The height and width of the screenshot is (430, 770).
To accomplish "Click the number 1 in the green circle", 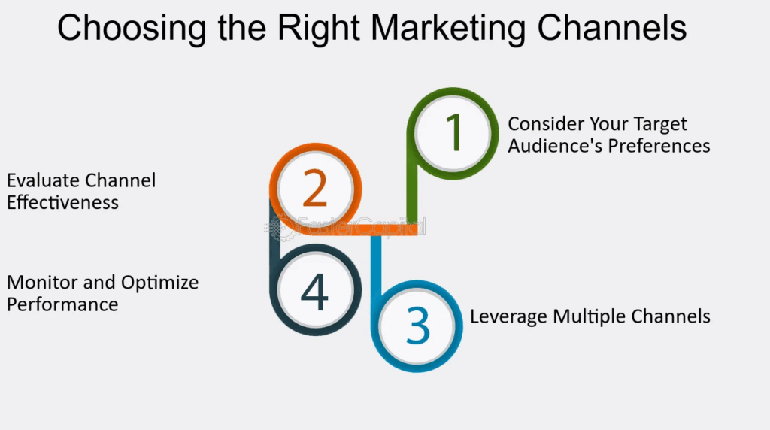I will tap(453, 133).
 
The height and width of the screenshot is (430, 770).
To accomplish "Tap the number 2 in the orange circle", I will tap(315, 189).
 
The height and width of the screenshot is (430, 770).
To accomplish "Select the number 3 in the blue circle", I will tap(417, 325).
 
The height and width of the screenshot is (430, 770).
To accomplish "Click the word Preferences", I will tap(659, 145).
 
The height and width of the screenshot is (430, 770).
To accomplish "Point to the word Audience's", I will tap(555, 145).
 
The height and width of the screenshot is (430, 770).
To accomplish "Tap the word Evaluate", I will tap(44, 180).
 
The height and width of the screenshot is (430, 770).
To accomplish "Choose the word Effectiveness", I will tap(62, 202).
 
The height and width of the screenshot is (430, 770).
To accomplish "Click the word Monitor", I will tap(39, 283).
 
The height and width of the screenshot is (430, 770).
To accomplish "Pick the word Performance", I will tap(62, 304).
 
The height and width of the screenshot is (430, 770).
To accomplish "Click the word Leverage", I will tap(508, 316).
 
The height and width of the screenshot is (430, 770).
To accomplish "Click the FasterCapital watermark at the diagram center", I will tap(351, 225).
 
